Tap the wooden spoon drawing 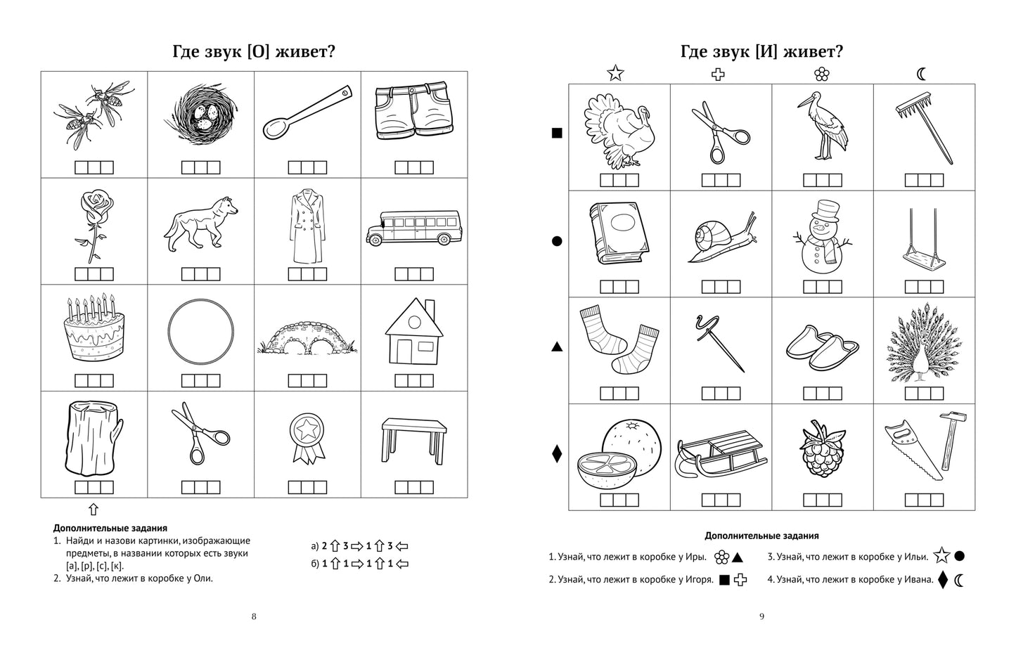[307, 112]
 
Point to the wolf [200, 219]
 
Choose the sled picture [721, 453]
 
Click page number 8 [254, 616]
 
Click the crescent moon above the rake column [922, 72]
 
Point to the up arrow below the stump [94, 510]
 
